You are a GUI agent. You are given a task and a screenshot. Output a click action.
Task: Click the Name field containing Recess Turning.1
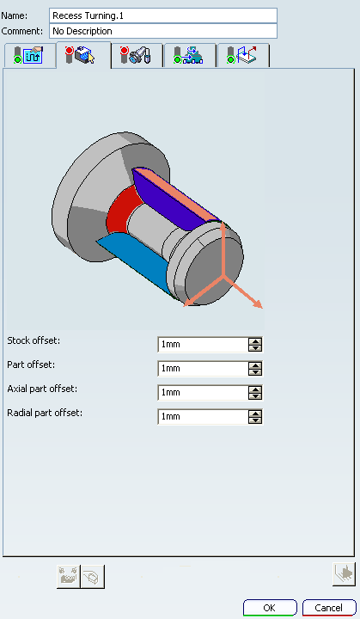click(x=163, y=15)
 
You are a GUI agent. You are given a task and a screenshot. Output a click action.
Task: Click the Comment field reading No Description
click(x=163, y=31)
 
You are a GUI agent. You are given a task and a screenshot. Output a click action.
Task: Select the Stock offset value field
click(x=203, y=345)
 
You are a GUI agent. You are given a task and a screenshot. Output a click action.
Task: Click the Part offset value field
click(x=203, y=369)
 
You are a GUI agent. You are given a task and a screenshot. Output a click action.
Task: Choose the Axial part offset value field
click(x=203, y=393)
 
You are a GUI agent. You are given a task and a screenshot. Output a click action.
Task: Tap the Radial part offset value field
click(x=203, y=417)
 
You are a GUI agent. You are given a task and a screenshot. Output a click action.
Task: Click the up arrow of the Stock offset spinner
click(x=255, y=341)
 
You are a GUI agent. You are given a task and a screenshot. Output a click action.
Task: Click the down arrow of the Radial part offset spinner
click(x=255, y=420)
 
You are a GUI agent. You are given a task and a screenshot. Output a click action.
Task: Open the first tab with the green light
click(x=29, y=55)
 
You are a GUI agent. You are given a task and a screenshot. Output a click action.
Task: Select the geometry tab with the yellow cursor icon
click(x=83, y=55)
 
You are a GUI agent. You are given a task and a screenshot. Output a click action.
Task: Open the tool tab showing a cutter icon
click(x=137, y=55)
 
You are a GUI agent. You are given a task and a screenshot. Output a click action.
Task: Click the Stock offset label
click(x=34, y=340)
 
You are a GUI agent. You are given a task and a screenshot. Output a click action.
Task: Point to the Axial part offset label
click(x=42, y=389)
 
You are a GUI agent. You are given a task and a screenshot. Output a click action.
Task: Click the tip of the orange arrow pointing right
click(x=262, y=308)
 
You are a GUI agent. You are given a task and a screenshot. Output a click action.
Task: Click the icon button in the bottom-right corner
click(x=344, y=574)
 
